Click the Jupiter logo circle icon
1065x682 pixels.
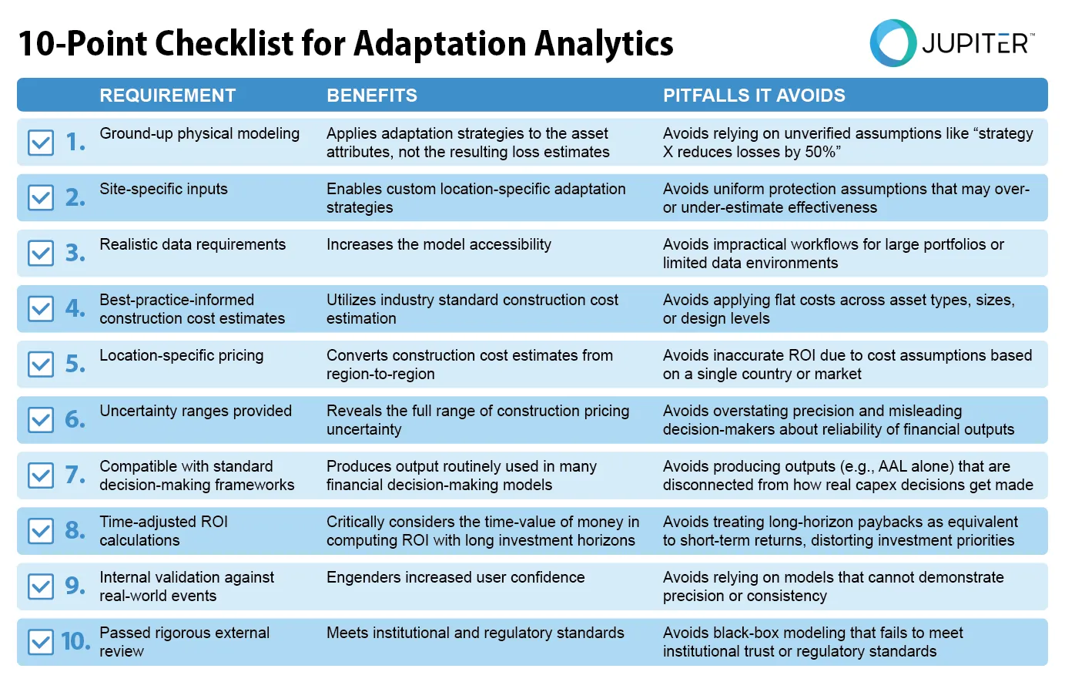(893, 43)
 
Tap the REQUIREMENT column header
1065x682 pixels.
(167, 96)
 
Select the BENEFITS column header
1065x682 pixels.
(371, 96)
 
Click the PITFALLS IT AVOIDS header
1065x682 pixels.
(754, 96)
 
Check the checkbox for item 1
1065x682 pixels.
(41, 143)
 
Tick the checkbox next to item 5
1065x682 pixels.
(41, 365)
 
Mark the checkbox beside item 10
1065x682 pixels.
(41, 642)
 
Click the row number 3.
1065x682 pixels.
(75, 253)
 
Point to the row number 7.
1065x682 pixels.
(75, 475)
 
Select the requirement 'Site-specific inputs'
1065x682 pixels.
(163, 189)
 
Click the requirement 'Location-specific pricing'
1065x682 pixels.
(181, 355)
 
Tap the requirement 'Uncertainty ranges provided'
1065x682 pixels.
(196, 411)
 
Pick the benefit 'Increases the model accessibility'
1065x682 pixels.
(438, 244)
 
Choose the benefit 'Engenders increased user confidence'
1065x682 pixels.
(455, 577)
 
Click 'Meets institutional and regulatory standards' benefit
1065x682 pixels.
(475, 633)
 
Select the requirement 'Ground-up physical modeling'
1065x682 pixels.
(199, 133)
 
